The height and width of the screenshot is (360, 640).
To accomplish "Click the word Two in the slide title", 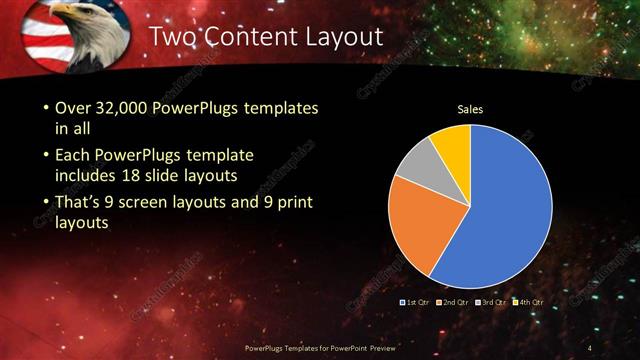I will (x=173, y=38).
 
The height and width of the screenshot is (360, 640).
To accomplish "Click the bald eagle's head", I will (x=71, y=20).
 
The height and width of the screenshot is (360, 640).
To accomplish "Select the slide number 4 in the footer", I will (x=591, y=346).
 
